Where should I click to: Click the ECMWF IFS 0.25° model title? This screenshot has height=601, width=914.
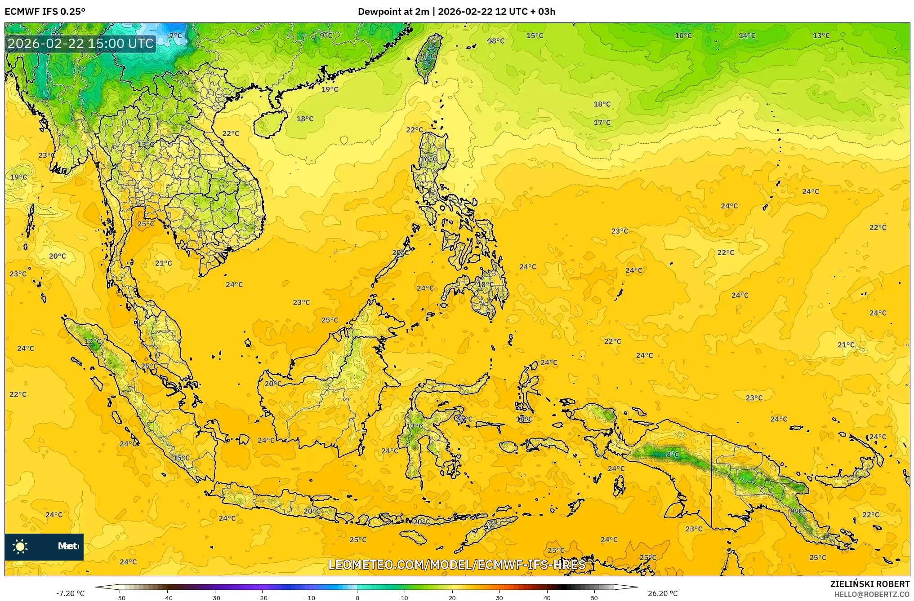coord(45,12)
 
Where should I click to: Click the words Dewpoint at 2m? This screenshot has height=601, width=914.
coord(393,12)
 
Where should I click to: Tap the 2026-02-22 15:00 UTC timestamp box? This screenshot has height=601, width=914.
coord(81,44)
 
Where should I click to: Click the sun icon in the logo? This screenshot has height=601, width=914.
coord(20,546)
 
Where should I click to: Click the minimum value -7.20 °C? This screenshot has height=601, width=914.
coord(70,593)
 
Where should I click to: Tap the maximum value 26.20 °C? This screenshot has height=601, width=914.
coord(662,593)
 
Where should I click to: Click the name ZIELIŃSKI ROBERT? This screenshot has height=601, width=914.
coord(869,584)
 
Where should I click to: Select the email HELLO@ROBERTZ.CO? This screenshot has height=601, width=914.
coord(872,594)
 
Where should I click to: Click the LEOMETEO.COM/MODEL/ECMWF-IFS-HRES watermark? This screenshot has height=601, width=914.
coord(457,565)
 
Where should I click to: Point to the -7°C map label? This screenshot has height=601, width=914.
coord(174,36)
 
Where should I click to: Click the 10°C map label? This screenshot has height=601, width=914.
coord(683,36)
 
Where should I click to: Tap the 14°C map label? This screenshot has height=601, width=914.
coord(747,36)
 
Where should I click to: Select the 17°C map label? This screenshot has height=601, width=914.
coord(602,123)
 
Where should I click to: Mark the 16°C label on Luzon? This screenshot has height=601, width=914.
coord(429,159)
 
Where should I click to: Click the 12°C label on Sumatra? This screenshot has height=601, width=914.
coord(93,341)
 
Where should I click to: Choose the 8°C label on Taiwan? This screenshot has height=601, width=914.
coord(429,56)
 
